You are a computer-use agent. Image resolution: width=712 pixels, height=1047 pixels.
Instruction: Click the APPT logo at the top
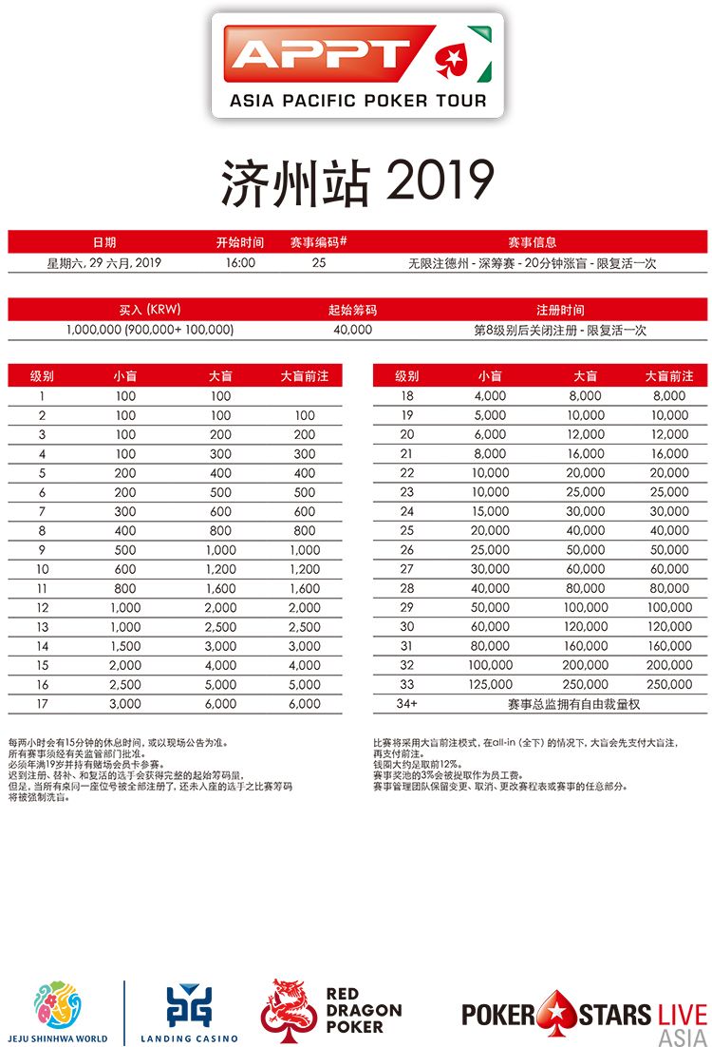tap(356, 65)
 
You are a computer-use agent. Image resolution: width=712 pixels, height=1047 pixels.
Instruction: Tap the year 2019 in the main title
tap(440, 181)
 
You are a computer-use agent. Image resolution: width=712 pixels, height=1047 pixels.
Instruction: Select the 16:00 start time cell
tap(240, 263)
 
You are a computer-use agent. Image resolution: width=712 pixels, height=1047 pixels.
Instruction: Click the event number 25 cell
tap(318, 263)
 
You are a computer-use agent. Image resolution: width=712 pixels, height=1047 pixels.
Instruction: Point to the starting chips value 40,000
tap(352, 330)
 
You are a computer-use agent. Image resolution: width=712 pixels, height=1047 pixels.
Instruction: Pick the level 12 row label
tap(43, 607)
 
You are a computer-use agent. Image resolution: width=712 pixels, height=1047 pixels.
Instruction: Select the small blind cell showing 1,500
tap(125, 646)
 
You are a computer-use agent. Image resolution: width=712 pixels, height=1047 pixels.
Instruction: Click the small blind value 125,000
tap(491, 684)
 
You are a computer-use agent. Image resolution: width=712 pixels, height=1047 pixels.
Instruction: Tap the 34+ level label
tap(407, 704)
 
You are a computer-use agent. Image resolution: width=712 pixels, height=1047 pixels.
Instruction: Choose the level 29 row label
tap(407, 607)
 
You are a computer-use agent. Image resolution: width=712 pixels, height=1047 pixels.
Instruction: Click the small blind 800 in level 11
tap(125, 588)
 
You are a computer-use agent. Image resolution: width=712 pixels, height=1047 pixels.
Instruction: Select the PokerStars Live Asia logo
tap(584, 1016)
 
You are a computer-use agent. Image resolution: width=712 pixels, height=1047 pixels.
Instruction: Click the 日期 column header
tap(104, 242)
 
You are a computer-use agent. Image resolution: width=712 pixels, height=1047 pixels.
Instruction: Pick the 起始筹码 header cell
tap(352, 310)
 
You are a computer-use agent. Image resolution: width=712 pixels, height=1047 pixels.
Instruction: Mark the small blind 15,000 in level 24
tap(491, 511)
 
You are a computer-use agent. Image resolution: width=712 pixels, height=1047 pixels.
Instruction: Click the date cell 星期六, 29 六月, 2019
tap(104, 263)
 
